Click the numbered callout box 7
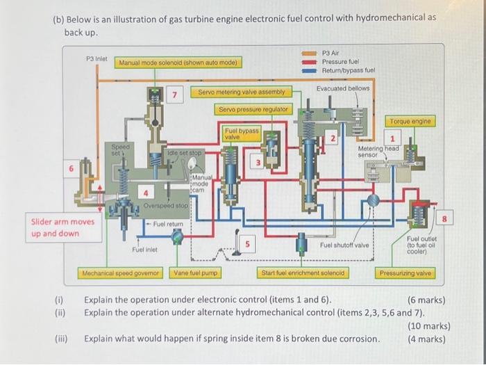coord(176,95)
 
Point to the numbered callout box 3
coord(258,163)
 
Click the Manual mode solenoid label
coord(178,63)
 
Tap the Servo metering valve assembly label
coord(241,92)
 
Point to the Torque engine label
coord(410,121)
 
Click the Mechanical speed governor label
coord(121,273)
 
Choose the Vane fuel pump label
coord(196,273)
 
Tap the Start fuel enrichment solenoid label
coord(303,273)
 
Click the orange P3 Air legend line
coord(309,53)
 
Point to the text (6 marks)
coord(426,300)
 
